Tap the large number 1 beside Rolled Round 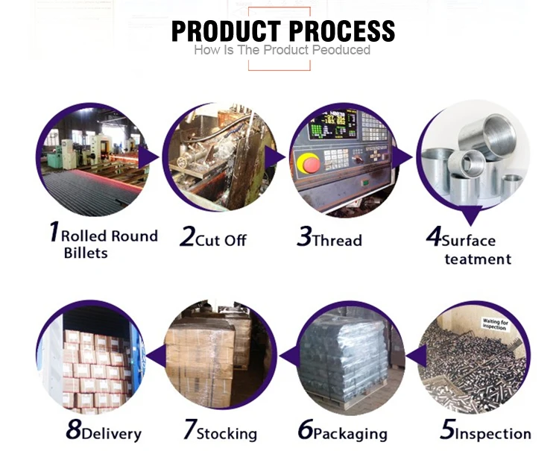click(53, 232)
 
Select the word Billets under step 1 click(85, 253)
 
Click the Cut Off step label click(221, 240)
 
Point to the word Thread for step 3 click(337, 240)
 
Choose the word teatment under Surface click(478, 259)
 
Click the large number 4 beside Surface click(433, 236)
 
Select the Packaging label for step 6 click(350, 433)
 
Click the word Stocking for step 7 click(227, 433)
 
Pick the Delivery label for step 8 click(111, 433)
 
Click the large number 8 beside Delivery click(73, 430)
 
